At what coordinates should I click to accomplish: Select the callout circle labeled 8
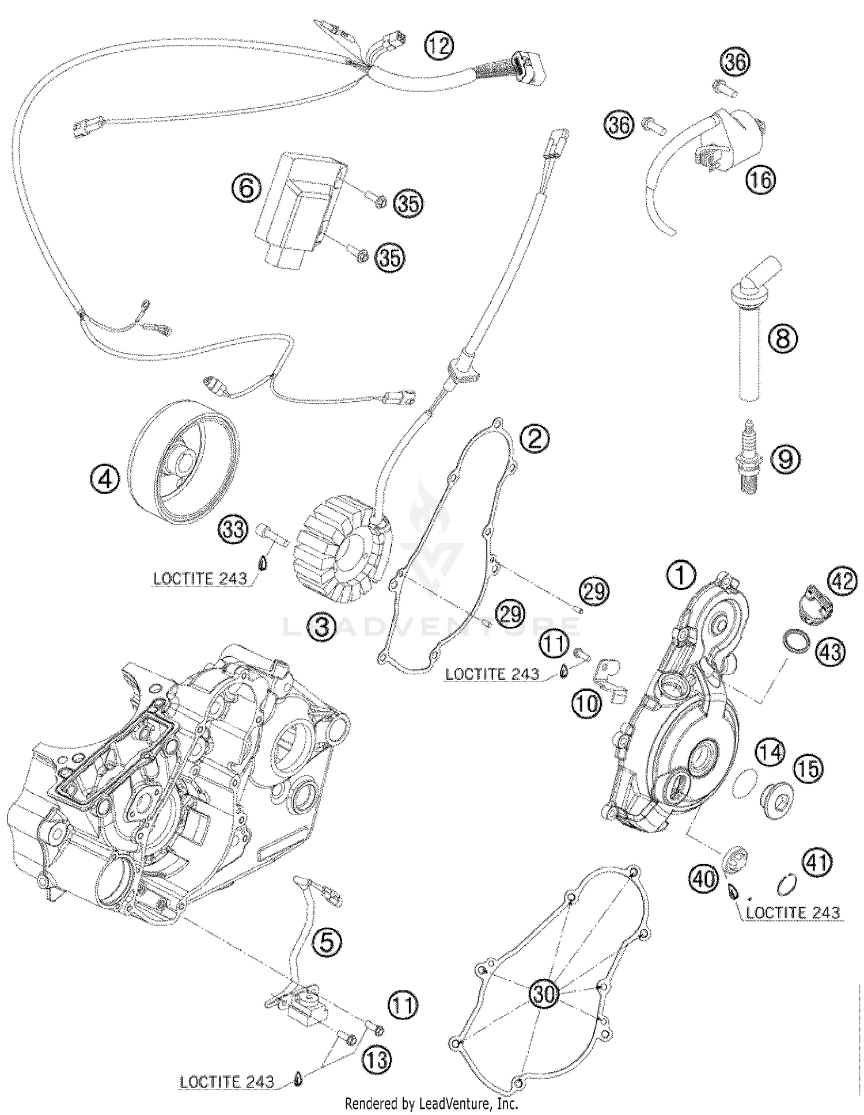click(783, 338)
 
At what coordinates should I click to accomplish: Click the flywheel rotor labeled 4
click(183, 455)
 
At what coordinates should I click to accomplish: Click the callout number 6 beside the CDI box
click(247, 188)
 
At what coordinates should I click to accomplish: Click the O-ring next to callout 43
click(795, 641)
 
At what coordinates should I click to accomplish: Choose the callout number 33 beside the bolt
click(234, 529)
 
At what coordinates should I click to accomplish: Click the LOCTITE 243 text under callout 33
click(200, 579)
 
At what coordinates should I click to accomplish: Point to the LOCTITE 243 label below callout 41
click(793, 912)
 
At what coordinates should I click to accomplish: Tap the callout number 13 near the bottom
click(376, 1060)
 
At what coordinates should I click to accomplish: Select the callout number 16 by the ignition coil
click(761, 180)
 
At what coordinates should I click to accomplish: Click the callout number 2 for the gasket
click(534, 439)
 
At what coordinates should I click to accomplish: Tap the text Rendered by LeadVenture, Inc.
click(431, 1104)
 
